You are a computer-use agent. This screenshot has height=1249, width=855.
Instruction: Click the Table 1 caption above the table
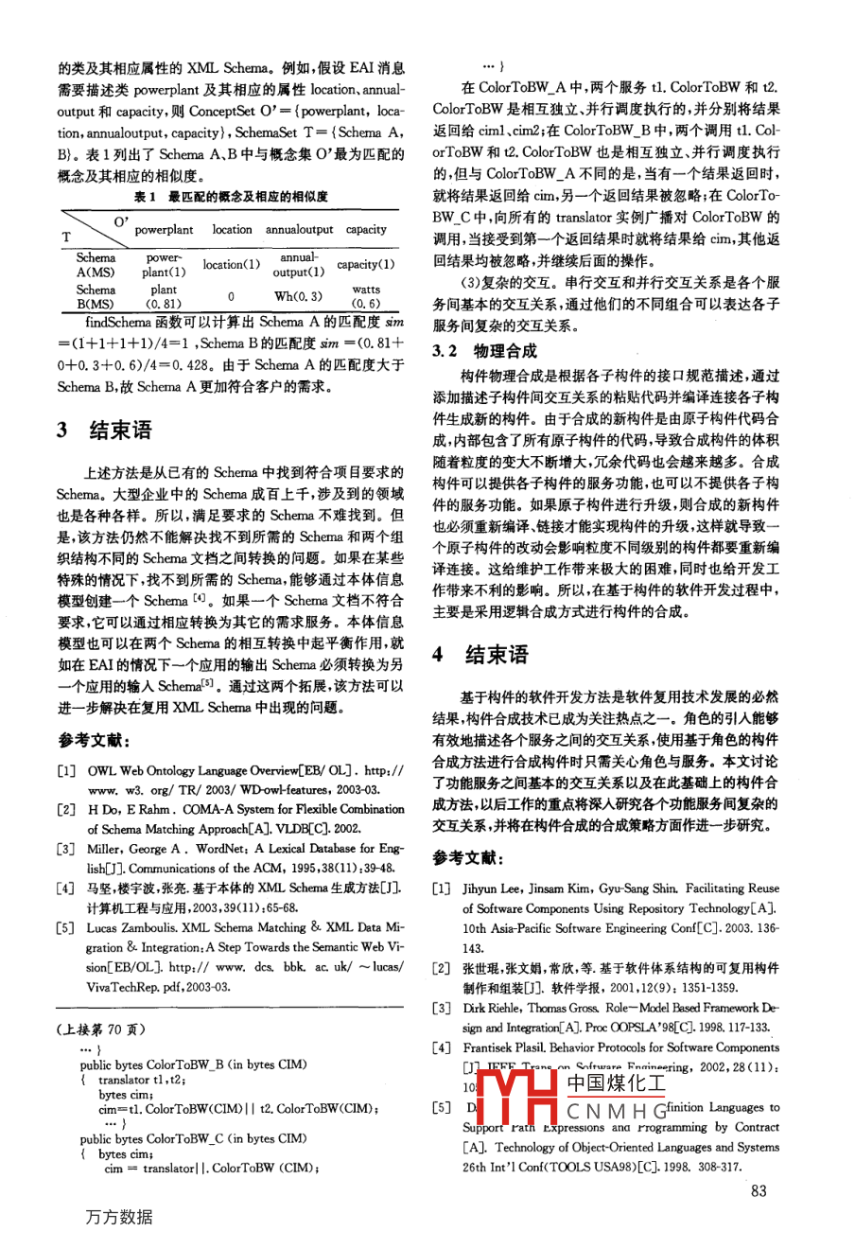[231, 197]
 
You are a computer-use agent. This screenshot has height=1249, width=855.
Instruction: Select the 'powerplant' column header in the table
[164, 230]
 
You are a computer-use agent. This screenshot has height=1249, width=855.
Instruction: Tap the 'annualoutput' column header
[299, 230]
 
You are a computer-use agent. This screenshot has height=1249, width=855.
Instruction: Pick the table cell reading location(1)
[231, 265]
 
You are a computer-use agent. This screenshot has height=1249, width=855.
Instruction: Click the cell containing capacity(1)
[365, 265]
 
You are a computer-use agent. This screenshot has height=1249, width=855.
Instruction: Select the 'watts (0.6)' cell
[365, 297]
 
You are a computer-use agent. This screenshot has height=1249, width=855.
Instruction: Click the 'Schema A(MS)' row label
[96, 265]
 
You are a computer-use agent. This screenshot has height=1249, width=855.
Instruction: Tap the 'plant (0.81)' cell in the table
[164, 297]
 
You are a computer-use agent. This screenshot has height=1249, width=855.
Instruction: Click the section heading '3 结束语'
[104, 431]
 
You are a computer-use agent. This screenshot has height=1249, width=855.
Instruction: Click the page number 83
[759, 1190]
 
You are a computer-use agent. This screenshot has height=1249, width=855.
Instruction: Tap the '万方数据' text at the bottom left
[118, 1217]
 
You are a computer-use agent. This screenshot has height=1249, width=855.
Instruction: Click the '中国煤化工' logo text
[616, 1082]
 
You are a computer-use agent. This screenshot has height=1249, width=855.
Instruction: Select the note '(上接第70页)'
[102, 1029]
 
